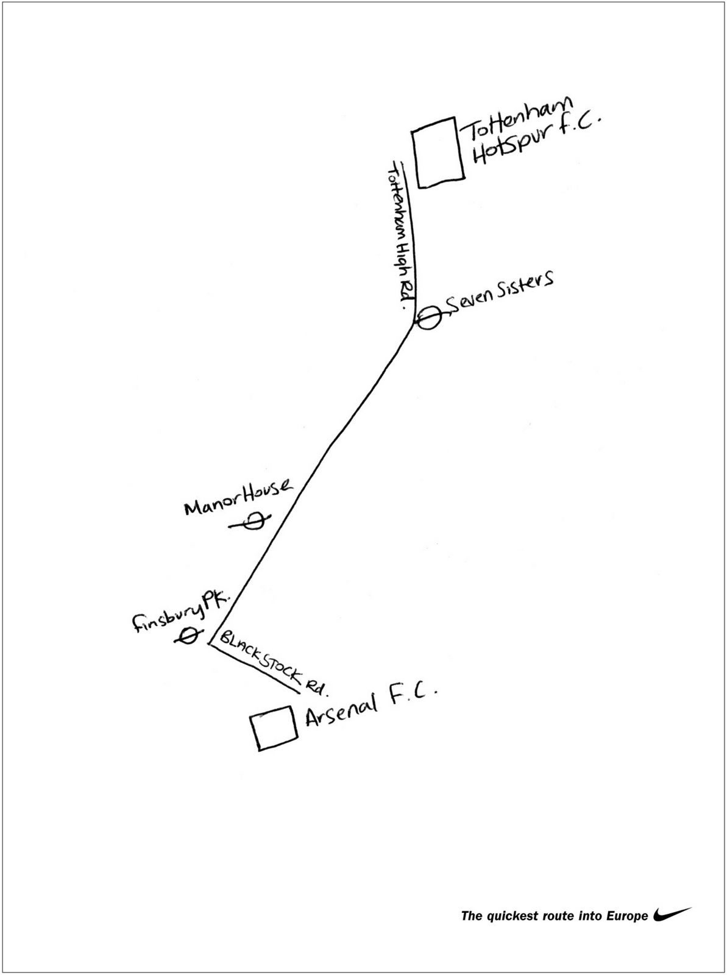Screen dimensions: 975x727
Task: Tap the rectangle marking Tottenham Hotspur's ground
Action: pos(439,152)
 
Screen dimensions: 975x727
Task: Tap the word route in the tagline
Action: pos(547,915)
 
